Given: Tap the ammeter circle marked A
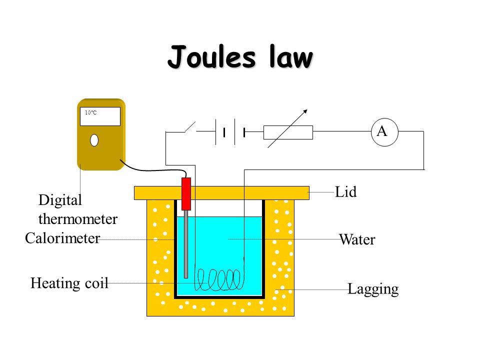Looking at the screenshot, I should point(382,132).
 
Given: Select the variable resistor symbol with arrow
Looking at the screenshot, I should point(288,132).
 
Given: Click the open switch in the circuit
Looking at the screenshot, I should point(190,127).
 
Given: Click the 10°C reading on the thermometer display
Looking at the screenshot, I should point(90,113).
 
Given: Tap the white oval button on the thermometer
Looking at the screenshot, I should point(94,140).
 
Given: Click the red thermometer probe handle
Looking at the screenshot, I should point(186,193).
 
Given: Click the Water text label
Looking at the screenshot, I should point(357,240).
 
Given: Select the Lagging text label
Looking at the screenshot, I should point(373,289).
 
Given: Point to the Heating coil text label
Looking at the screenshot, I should point(69,283).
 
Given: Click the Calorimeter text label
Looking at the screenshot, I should point(62,238).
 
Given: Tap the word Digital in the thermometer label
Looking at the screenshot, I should point(60,201).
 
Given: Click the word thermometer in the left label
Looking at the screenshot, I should point(78,219).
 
